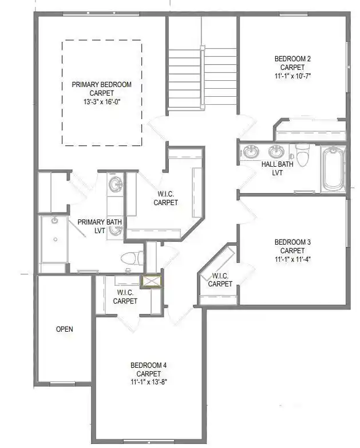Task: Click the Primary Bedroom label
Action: coord(102,85)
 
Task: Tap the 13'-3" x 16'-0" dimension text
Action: coord(102,102)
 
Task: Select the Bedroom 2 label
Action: coord(292,59)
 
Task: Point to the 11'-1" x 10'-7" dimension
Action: coord(292,76)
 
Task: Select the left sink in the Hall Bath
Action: coord(251,151)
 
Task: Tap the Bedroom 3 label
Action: coord(292,242)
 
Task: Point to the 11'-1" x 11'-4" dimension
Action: coord(292,260)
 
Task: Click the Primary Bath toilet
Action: coord(132,258)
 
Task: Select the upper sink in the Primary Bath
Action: coord(116,184)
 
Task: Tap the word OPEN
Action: coord(65,329)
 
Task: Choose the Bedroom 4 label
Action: coord(148,365)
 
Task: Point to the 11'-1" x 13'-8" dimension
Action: coord(148,382)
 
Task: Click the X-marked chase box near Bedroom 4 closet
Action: coord(152,281)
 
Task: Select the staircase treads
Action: coord(202,78)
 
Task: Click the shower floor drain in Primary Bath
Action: coord(56,239)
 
